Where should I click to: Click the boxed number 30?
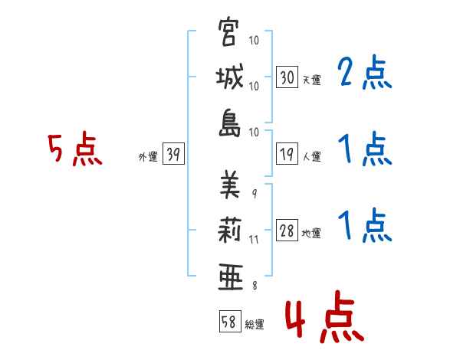click(x=287, y=78)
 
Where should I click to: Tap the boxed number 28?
click(x=287, y=231)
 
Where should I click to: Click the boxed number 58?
click(x=228, y=322)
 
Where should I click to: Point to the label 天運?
click(x=311, y=80)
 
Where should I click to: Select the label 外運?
click(x=147, y=156)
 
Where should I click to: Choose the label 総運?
click(x=254, y=324)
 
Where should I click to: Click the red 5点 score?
click(x=74, y=149)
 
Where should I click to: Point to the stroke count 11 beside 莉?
click(x=254, y=240)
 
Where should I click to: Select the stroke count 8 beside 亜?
click(x=254, y=286)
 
